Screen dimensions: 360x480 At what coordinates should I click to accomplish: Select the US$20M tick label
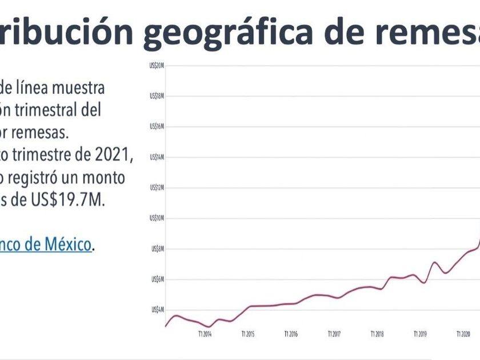click(x=157, y=66)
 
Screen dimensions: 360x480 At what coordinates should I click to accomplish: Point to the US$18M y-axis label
click(x=157, y=96)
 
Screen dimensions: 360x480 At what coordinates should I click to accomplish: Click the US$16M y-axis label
click(x=157, y=126)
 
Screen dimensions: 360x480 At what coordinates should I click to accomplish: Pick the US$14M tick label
click(x=157, y=157)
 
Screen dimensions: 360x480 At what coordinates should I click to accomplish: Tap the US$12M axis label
click(x=157, y=187)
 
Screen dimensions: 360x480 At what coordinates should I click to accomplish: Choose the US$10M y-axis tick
click(x=157, y=218)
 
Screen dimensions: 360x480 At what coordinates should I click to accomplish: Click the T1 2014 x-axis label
click(x=205, y=334)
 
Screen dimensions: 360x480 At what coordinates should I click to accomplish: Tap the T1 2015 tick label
click(x=247, y=334)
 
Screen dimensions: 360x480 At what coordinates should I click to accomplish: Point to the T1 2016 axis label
click(x=290, y=334)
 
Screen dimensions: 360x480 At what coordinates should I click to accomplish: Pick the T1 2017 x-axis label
click(x=334, y=334)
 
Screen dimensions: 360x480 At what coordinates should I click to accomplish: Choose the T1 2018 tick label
click(x=377, y=334)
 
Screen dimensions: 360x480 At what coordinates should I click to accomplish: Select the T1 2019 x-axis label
click(x=420, y=334)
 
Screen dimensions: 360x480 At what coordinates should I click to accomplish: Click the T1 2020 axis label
click(x=463, y=334)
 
